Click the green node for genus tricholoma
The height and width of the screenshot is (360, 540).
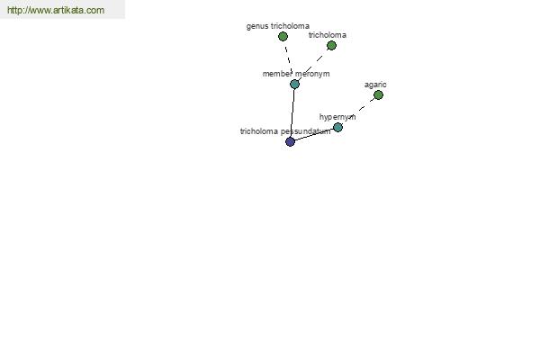(283, 36)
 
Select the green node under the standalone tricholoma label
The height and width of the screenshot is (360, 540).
(331, 46)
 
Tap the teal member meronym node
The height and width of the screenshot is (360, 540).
(294, 84)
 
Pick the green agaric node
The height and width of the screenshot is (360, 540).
(378, 95)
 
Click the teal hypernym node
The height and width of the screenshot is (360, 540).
(337, 128)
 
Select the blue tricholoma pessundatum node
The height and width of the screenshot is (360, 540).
(291, 141)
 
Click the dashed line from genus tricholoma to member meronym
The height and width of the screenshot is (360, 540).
(289, 60)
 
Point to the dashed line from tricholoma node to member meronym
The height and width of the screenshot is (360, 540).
(313, 65)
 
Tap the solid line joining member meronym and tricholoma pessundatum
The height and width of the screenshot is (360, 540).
(292, 112)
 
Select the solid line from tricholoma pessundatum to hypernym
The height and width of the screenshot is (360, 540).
(314, 135)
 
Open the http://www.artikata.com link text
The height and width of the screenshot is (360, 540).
(56, 10)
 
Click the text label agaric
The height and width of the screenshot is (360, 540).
(375, 85)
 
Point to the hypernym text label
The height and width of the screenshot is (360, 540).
(337, 117)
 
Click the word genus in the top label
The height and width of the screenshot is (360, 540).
(257, 26)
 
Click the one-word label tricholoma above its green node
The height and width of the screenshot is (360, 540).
(328, 35)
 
